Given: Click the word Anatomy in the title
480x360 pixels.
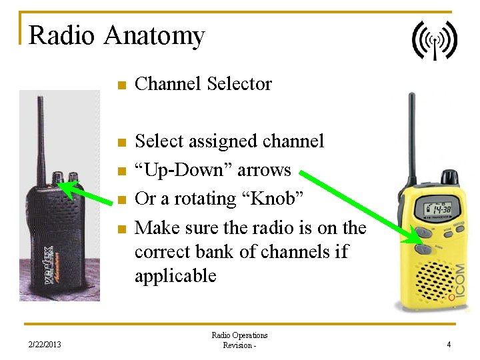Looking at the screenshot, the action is tap(153, 35).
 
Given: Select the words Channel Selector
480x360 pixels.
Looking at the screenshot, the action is tap(203, 84).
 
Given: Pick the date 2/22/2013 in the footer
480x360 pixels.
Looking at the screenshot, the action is tap(45, 345).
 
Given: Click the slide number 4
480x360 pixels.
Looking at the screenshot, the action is tap(449, 345).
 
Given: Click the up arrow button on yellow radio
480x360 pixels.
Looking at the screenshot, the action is tap(422, 234).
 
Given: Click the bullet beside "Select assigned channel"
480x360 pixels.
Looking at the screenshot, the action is tap(121, 142).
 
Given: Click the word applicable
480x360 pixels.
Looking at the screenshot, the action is tap(175, 276).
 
